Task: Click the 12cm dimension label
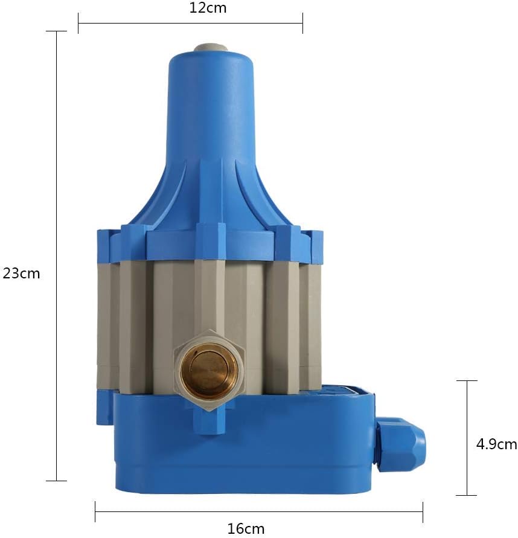[208, 8]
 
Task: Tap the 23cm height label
[21, 274]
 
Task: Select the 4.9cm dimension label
[496, 444]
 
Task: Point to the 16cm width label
[246, 528]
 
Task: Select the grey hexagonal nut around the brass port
[208, 370]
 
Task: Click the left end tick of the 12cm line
[78, 24]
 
